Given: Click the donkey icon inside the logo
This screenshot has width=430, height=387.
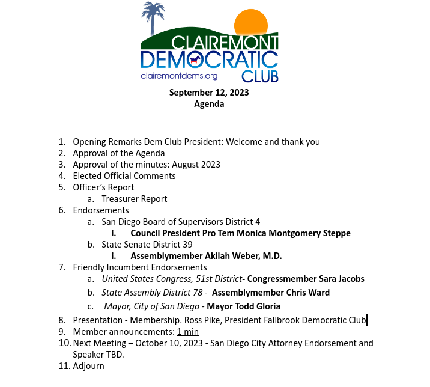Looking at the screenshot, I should pos(194,59).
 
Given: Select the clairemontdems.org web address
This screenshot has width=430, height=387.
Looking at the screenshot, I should pos(179,76).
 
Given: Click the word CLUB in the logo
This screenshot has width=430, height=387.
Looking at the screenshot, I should pos(259,76).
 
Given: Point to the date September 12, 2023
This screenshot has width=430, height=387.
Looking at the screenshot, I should pos(209,93).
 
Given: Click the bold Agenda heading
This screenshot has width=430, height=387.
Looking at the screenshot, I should pos(209,104).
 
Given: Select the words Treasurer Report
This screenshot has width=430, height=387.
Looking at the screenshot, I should pos(135,199).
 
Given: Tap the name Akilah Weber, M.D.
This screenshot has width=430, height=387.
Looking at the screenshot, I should pos(239,256).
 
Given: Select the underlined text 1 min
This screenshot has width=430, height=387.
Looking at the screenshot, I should pos(187,332).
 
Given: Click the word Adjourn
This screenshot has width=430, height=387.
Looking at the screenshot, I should pos(89,365).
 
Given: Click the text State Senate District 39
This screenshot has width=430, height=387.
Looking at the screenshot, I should pos(147,245).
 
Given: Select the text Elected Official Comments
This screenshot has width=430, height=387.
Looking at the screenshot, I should pos(124,176).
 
